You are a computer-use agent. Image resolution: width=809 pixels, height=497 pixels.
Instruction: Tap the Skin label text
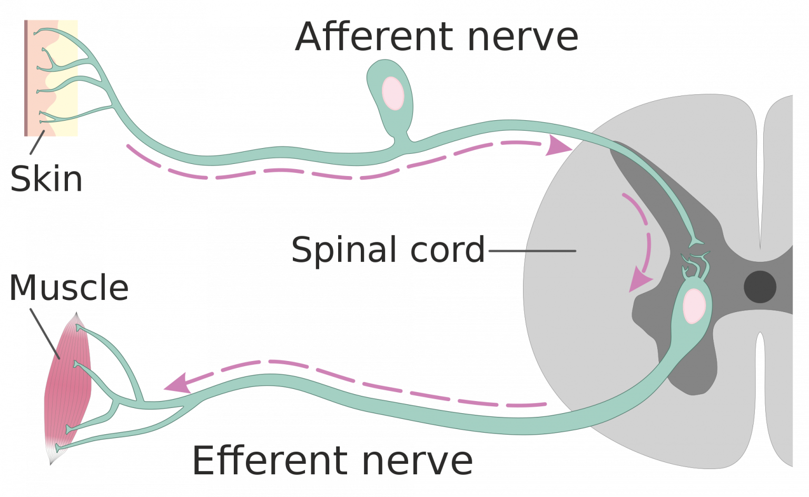click(46, 179)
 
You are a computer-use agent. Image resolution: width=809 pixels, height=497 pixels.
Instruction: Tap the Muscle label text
click(68, 288)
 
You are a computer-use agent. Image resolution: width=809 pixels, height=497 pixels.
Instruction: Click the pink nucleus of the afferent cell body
click(392, 93)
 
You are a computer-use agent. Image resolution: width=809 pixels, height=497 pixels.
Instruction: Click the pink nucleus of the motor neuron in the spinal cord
click(695, 306)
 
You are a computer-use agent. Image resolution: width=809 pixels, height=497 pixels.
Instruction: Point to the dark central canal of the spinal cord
click(759, 287)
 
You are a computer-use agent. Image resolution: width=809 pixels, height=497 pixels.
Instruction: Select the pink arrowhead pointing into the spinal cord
click(557, 145)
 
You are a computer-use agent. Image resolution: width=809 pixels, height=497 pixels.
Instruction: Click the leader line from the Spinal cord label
click(532, 251)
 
